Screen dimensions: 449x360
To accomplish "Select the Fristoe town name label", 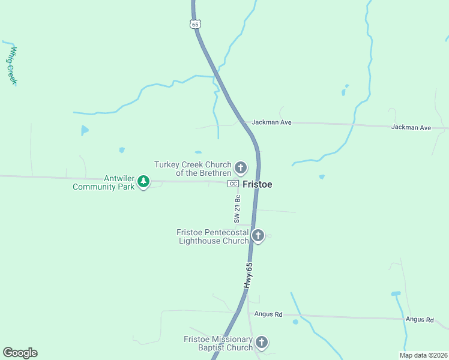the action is pyautogui.click(x=258, y=185).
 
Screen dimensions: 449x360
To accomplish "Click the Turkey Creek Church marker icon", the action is pyautogui.click(x=241, y=167).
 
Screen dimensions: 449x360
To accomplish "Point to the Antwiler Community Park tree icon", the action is pyautogui.click(x=143, y=181).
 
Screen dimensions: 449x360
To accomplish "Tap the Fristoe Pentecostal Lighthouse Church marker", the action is pyautogui.click(x=258, y=235).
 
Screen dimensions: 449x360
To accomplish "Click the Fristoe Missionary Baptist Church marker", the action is pyautogui.click(x=261, y=343).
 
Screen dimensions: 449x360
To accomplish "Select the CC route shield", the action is pyautogui.click(x=234, y=184).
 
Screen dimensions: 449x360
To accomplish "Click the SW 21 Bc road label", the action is pyautogui.click(x=237, y=207).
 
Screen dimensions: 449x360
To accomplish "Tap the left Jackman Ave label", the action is pyautogui.click(x=271, y=122).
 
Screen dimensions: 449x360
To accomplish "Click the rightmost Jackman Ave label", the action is pyautogui.click(x=411, y=128).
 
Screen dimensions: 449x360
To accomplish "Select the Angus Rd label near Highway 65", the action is pyautogui.click(x=268, y=314).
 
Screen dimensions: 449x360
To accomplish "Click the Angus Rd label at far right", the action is pyautogui.click(x=419, y=320).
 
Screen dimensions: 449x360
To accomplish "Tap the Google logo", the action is pyautogui.click(x=20, y=353).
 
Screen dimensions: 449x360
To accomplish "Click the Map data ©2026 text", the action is pyautogui.click(x=423, y=355).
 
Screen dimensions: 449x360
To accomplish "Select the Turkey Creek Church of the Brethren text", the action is pyautogui.click(x=193, y=169).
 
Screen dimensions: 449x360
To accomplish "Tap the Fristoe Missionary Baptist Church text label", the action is pyautogui.click(x=218, y=344).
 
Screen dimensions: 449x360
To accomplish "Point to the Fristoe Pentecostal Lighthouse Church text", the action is pyautogui.click(x=212, y=236).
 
